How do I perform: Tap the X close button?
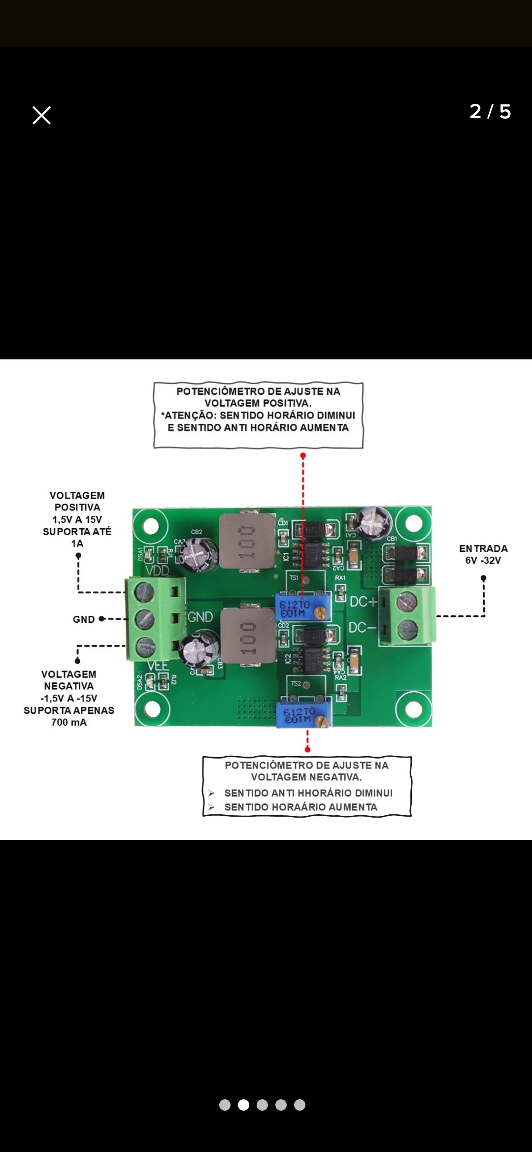tap(41, 115)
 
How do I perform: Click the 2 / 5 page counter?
tap(490, 112)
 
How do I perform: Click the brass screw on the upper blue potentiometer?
tap(320, 612)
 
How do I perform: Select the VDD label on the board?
tap(157, 571)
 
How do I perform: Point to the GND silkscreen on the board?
tap(200, 617)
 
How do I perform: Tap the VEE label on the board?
tap(158, 666)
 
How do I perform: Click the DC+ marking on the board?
tap(363, 602)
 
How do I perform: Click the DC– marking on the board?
tap(362, 628)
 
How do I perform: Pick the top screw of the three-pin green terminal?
tap(144, 592)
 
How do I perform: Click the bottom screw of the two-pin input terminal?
tap(407, 628)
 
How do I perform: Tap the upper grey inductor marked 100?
tap(247, 542)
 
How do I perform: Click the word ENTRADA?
tap(483, 548)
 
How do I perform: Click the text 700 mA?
tap(69, 722)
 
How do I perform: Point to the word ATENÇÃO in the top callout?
tap(189, 416)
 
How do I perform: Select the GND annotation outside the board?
tap(84, 619)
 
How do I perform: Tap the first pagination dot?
tap(225, 1105)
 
